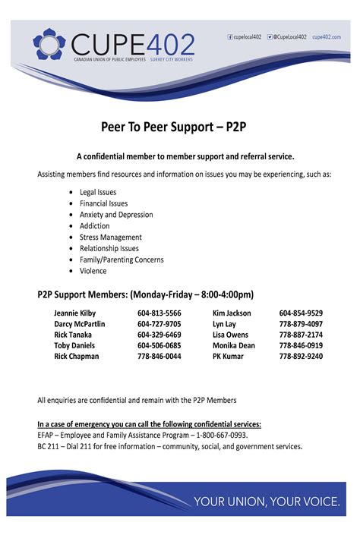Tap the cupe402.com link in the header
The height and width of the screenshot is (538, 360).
(x=327, y=36)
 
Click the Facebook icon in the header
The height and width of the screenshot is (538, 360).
(x=230, y=36)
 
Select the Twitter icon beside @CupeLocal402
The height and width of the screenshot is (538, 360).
(x=270, y=36)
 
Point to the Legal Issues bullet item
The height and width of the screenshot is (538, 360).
(x=98, y=192)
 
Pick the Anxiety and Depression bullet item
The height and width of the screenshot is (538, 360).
(x=116, y=215)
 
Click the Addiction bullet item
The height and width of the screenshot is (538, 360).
(x=94, y=226)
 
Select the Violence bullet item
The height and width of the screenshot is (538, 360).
(x=93, y=271)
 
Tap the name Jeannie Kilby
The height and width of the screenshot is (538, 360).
(x=75, y=313)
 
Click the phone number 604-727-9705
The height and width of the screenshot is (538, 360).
(x=159, y=324)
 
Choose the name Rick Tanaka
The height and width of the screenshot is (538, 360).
(x=73, y=335)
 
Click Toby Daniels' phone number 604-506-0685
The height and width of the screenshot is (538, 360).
(x=159, y=345)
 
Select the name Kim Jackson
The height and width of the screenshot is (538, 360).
(x=232, y=313)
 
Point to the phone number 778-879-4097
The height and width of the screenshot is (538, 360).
(x=301, y=324)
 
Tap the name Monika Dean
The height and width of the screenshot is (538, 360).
(x=233, y=345)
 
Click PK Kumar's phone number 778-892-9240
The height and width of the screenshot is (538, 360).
(x=301, y=356)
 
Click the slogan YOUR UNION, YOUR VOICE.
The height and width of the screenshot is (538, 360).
(x=266, y=501)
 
